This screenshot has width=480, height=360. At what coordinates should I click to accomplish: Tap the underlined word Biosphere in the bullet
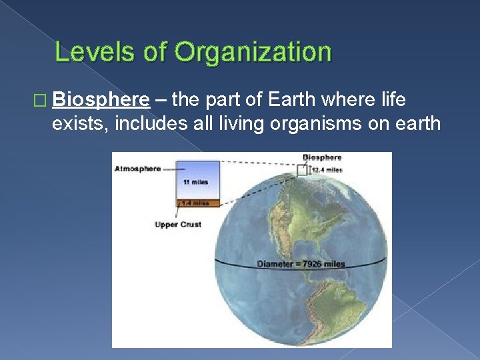101,100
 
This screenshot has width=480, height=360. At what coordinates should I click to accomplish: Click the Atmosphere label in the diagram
137,169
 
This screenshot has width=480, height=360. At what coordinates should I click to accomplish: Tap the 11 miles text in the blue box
195,182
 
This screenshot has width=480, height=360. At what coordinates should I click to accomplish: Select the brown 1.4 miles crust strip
195,203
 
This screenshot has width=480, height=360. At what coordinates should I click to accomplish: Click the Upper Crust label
177,225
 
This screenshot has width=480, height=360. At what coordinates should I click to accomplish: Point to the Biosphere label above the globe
322,158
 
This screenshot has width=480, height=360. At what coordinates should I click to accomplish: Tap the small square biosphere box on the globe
303,169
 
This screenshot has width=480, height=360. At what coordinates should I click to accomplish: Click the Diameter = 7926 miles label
301,264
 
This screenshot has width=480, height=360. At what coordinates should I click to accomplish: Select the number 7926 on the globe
314,264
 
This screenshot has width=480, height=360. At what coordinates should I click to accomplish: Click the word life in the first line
393,100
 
